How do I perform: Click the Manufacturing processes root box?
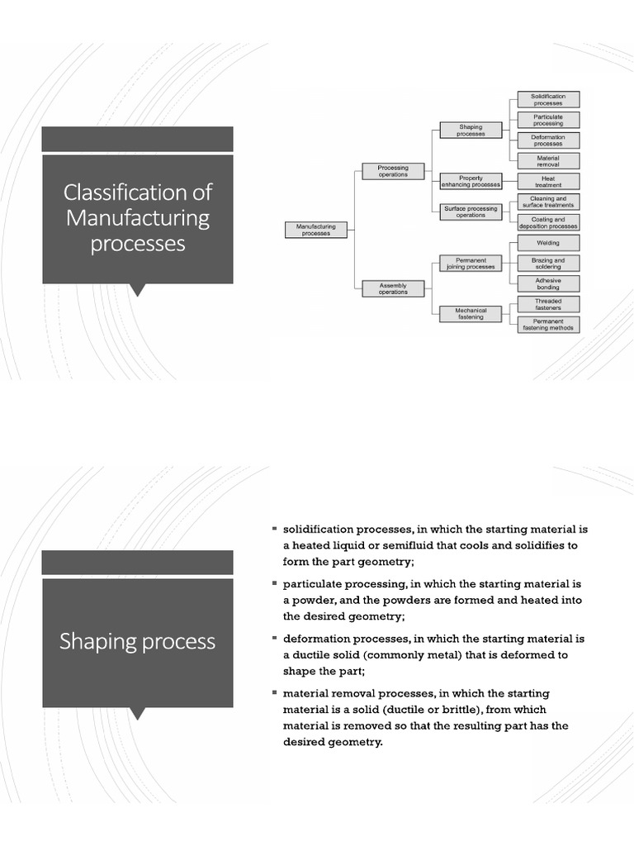click(310, 230)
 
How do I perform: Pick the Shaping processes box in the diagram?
click(471, 130)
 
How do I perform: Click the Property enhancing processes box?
click(471, 181)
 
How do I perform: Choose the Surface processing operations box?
click(471, 211)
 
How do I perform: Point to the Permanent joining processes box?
click(471, 263)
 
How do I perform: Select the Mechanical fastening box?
click(471, 314)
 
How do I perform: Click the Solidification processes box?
click(548, 100)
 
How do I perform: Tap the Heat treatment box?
click(548, 182)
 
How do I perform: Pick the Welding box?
click(548, 243)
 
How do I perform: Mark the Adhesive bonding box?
click(548, 283)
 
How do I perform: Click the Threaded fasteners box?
click(548, 305)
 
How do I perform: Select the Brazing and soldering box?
click(548, 263)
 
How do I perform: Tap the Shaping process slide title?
click(137, 642)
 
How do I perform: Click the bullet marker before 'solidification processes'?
click(275, 527)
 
